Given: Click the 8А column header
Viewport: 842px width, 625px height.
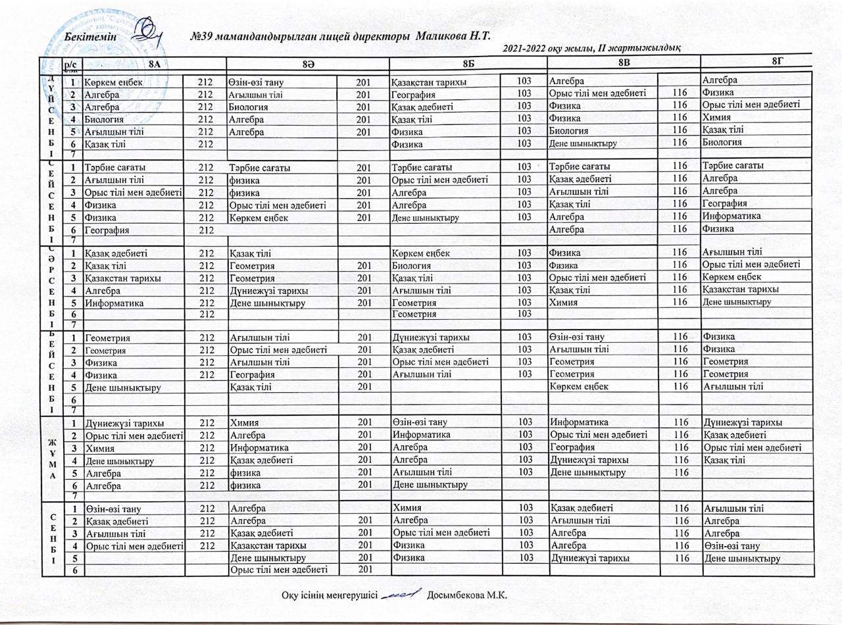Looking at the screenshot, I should click(x=153, y=64).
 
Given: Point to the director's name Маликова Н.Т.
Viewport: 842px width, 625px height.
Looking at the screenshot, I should click(x=455, y=34).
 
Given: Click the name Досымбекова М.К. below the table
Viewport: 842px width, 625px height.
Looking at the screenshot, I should click(x=468, y=595).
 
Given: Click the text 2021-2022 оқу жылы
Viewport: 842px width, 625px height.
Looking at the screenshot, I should click(x=545, y=47).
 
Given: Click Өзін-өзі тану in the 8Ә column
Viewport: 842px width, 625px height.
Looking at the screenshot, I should click(x=260, y=82).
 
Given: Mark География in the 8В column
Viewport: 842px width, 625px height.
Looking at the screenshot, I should click(x=570, y=447).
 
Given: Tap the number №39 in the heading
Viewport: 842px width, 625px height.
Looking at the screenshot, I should click(x=201, y=34).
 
